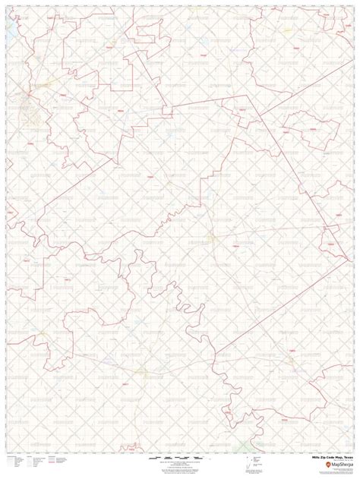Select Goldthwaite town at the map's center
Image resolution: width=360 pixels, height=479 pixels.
tap(215, 238)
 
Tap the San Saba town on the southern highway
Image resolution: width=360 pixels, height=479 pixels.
tap(143, 370)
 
